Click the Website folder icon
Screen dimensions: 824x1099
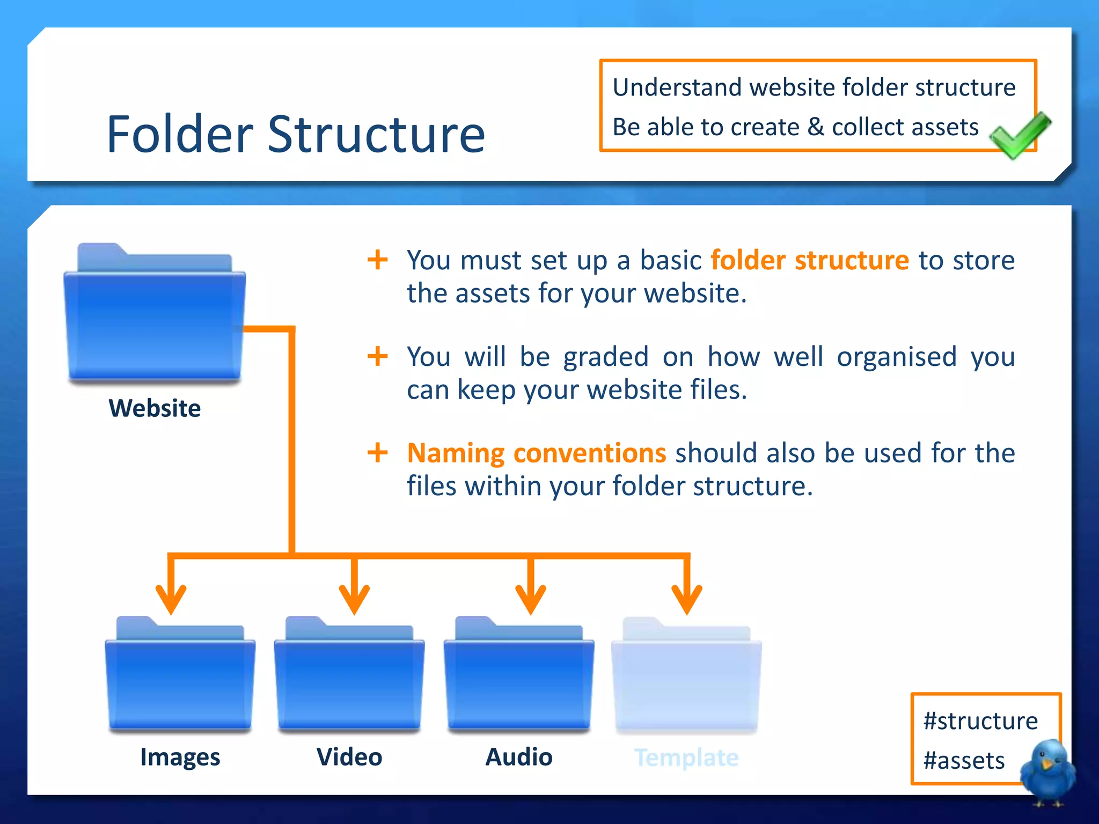point(154,317)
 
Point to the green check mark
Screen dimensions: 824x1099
point(1019,135)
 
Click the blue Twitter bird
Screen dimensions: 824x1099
point(1047,771)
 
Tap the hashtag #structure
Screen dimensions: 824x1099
point(980,721)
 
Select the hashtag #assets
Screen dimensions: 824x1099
point(964,761)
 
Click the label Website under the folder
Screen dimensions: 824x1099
point(155,408)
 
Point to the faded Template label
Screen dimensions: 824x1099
point(686,757)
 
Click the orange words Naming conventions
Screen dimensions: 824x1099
point(536,453)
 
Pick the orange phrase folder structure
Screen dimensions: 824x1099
point(809,260)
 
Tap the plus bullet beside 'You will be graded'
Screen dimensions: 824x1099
point(378,356)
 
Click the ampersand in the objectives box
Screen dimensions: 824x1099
point(816,128)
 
